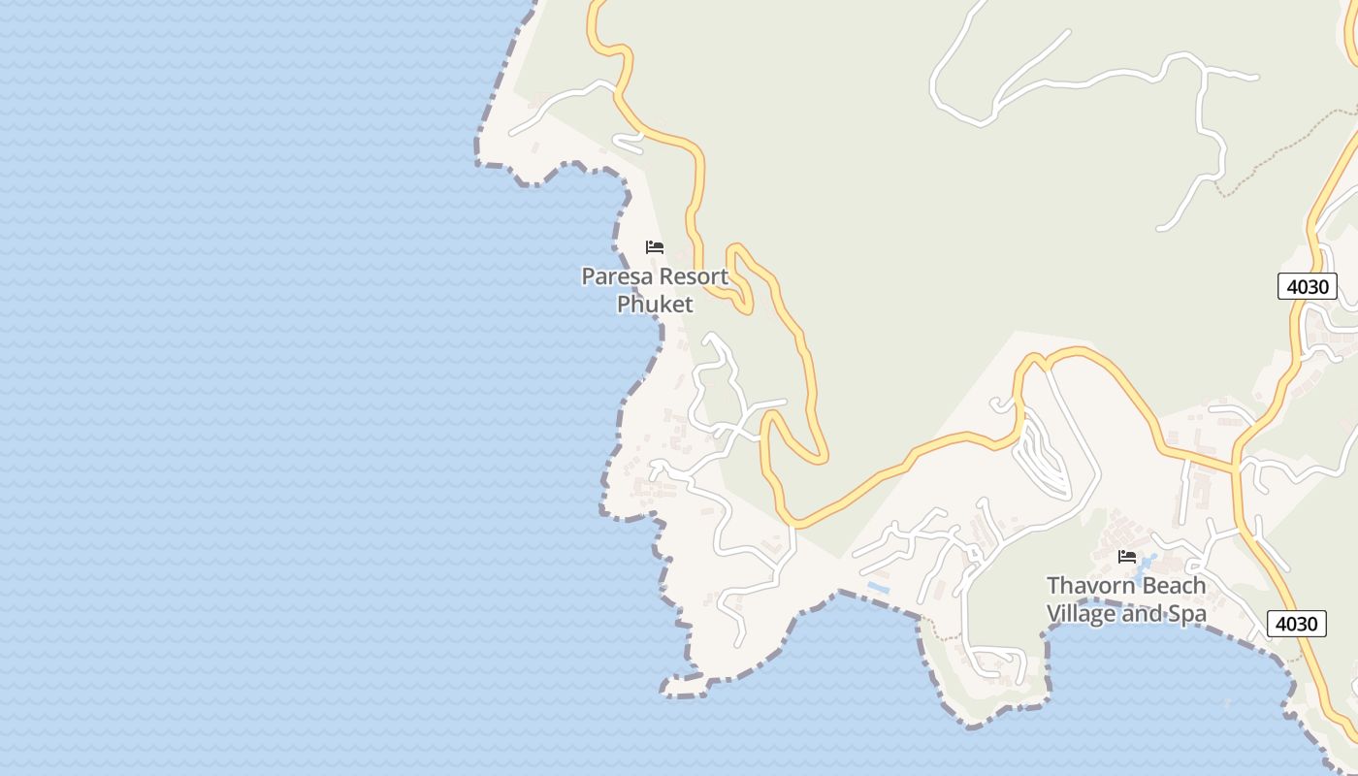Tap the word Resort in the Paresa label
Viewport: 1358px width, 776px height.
coord(689,276)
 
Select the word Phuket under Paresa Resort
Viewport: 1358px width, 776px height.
coord(656,305)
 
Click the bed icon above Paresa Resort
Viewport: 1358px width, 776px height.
coord(655,247)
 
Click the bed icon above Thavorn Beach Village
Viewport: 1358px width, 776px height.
coord(1127,557)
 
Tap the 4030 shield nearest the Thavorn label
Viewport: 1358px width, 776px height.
coord(1297,624)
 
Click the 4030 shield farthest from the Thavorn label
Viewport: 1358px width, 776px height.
coord(1308,286)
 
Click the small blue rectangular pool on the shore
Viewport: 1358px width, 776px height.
coord(879,588)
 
